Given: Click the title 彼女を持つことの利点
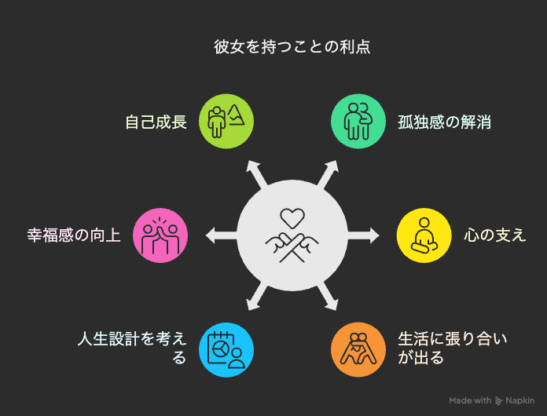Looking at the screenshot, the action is tap(292, 47).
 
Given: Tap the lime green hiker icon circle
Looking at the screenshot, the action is tap(226, 121).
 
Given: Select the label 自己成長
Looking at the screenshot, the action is tap(156, 122).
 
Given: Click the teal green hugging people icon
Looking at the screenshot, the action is tap(358, 121).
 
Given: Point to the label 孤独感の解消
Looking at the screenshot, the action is tap(445, 122).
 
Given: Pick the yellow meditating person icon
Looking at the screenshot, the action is tap(424, 235).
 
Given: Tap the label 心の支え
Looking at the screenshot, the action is tap(494, 235).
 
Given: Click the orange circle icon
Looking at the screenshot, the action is tap(358, 350).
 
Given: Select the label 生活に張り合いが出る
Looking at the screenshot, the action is tap(453, 348).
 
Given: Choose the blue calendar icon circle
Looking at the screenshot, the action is tap(226, 350).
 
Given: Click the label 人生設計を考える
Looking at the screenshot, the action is tap(132, 348).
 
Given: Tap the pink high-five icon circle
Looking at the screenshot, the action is tap(160, 235).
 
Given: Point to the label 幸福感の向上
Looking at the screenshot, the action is tap(74, 235).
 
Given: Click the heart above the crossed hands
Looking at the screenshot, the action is tap(292, 218).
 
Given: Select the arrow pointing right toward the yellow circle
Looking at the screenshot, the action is tap(363, 235).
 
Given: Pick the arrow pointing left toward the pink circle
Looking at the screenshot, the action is tap(222, 235).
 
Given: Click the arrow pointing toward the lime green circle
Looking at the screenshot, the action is tap(256, 174).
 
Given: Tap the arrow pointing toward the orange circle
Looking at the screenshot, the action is tap(328, 297).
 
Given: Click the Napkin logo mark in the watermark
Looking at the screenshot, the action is tap(498, 401).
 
